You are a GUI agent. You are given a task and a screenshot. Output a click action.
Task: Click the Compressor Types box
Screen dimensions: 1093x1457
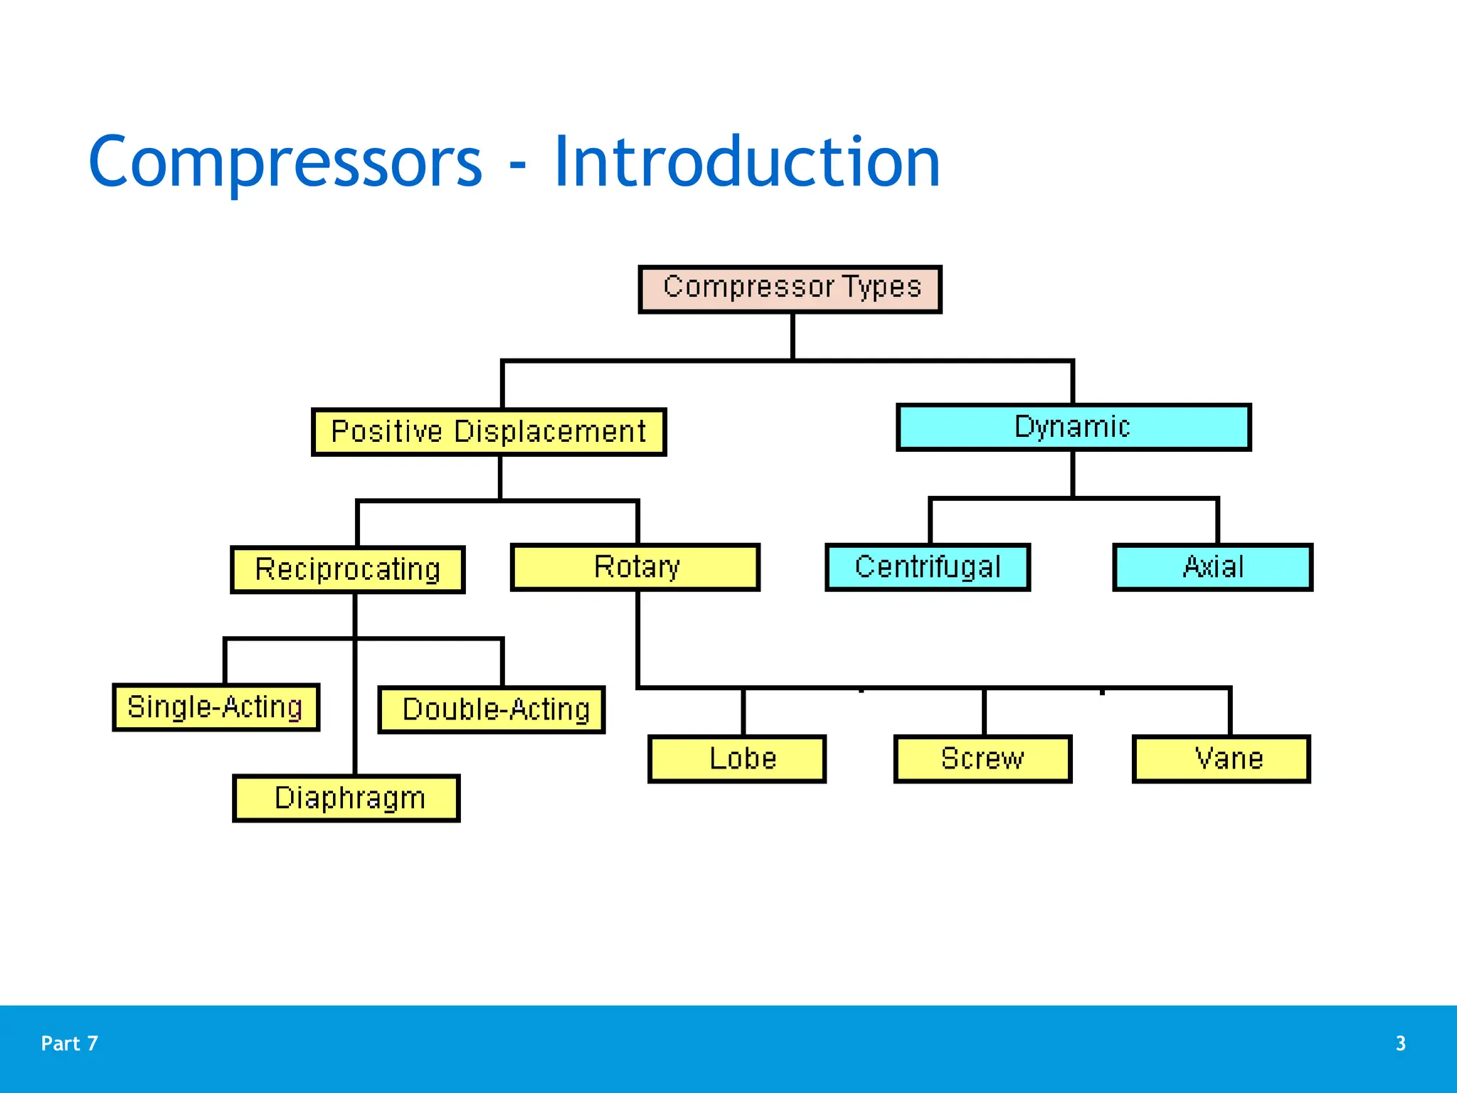(x=790, y=289)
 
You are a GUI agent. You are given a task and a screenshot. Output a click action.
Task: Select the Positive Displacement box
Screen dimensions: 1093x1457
(x=489, y=432)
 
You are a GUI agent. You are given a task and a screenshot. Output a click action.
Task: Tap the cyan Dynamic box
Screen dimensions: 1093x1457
(x=1073, y=427)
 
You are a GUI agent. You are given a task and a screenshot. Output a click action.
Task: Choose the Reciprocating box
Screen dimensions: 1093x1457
(x=348, y=569)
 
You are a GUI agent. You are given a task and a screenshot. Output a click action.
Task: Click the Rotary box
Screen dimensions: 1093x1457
(x=635, y=567)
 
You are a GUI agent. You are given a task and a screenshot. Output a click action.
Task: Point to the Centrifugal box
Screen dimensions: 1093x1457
(x=928, y=567)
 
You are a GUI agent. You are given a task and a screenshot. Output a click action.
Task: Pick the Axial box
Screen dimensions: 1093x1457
(x=1212, y=567)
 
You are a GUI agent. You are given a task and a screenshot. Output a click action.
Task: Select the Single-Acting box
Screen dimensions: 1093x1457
(x=216, y=707)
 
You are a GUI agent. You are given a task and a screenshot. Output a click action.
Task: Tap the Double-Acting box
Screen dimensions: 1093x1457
(x=492, y=709)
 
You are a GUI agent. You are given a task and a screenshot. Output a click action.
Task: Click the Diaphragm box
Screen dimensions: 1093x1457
(x=346, y=798)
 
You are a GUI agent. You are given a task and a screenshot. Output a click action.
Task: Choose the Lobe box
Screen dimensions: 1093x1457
(x=737, y=759)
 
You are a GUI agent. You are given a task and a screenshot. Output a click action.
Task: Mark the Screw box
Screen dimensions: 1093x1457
(x=982, y=759)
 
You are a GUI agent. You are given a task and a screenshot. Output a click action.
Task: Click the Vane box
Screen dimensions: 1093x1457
(x=1221, y=759)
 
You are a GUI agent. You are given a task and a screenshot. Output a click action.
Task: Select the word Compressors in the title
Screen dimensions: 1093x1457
(x=285, y=164)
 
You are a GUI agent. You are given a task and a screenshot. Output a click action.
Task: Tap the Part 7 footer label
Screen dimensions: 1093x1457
(x=70, y=1043)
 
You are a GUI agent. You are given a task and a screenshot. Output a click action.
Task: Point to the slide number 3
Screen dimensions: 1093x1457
(x=1400, y=1043)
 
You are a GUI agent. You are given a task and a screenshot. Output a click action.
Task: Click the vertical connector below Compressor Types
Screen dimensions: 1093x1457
(x=793, y=337)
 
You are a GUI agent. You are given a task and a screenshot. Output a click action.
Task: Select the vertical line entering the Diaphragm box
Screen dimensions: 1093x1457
(x=355, y=747)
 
